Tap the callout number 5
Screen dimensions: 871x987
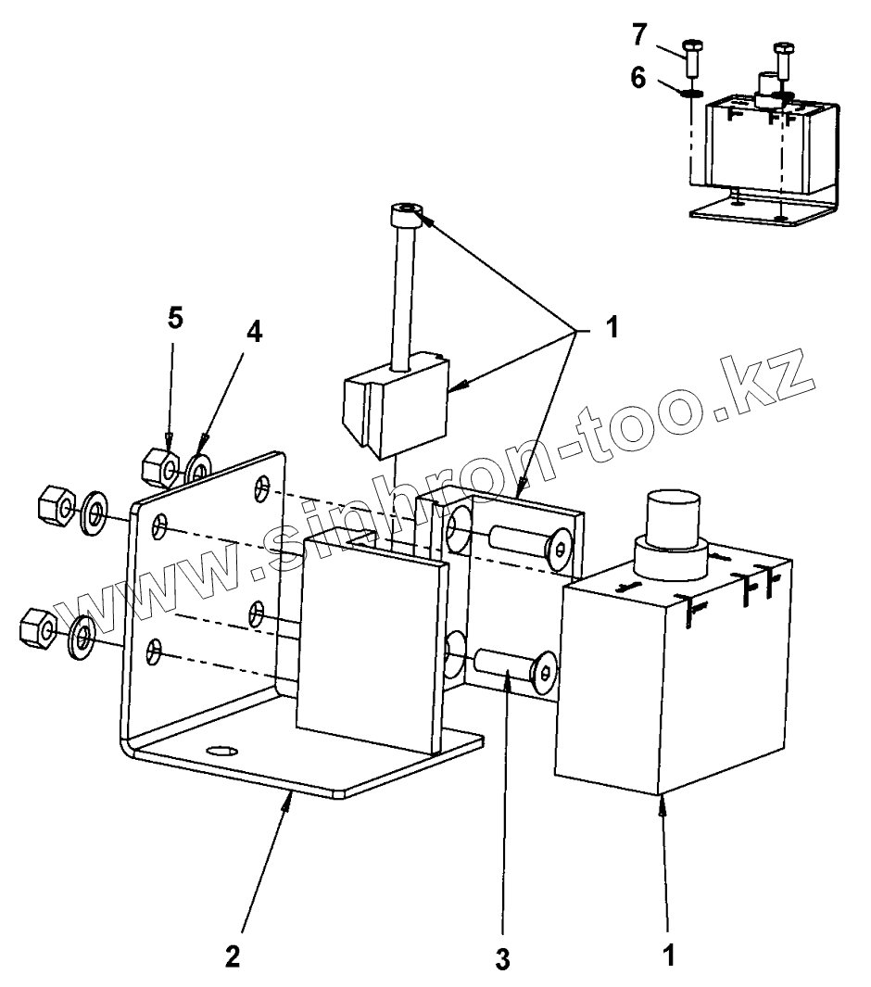[174, 319]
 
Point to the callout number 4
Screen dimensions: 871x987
[253, 332]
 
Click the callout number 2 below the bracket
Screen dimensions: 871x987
[233, 955]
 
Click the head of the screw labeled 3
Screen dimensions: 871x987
[545, 671]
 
